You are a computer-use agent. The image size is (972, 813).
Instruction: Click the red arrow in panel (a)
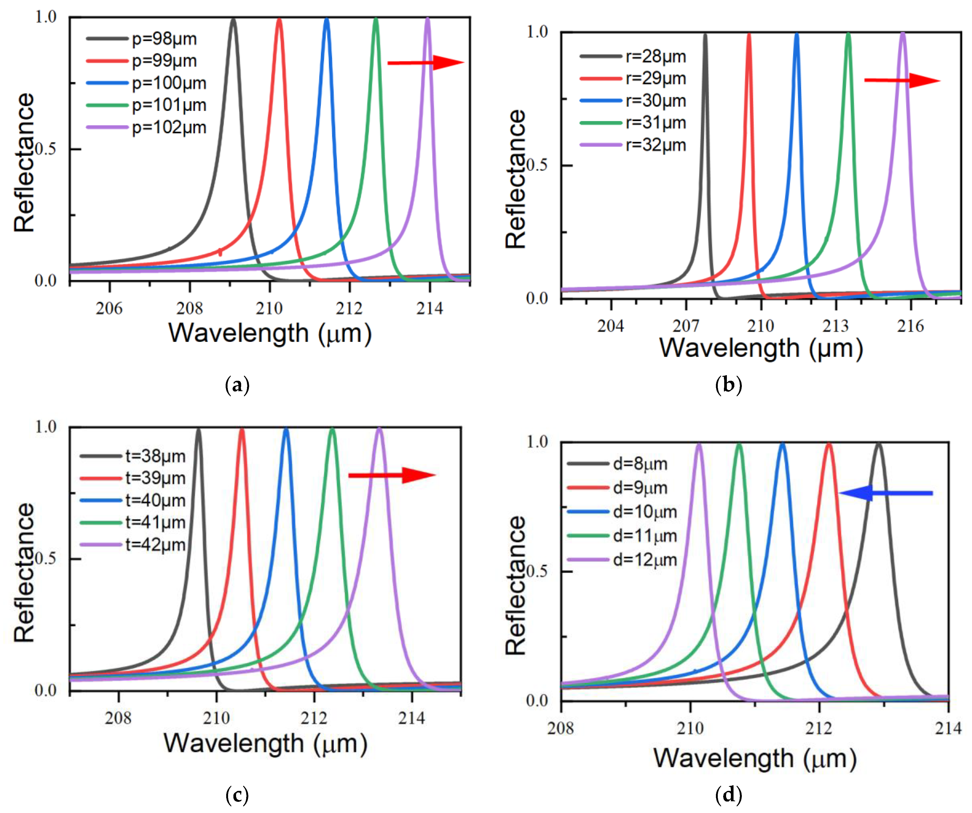click(x=425, y=62)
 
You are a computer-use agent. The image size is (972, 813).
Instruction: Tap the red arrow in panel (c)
click(x=392, y=475)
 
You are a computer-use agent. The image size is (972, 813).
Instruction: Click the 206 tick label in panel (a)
click(x=109, y=308)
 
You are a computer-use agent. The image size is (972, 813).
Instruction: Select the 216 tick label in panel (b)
click(x=910, y=326)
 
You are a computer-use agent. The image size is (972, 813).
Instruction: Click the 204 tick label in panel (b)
click(x=611, y=326)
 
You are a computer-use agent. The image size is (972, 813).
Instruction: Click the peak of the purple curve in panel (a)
click(x=427, y=19)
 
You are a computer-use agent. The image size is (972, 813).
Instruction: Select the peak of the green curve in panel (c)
click(x=332, y=429)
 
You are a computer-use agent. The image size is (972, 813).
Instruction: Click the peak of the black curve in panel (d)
click(x=878, y=444)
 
